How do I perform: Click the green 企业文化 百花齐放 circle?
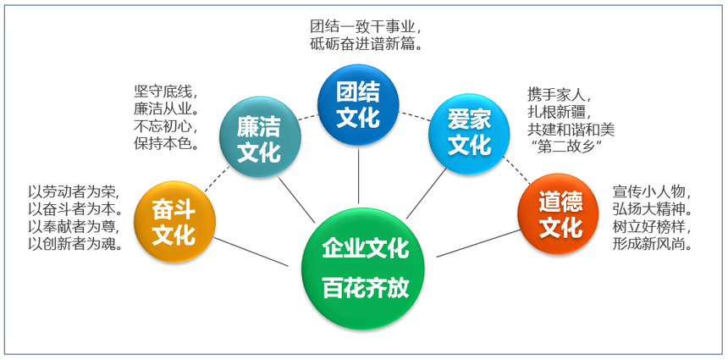pos(363,268)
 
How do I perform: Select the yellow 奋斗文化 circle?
pos(174,222)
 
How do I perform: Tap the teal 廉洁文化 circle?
pos(260,137)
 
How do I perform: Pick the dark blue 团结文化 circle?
pos(358,104)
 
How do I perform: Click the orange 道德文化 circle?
pos(558,214)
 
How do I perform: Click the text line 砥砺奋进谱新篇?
pos(366,44)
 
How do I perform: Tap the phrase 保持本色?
pos(166,143)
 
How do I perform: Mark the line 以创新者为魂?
pos(76,244)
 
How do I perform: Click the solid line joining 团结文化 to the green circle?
pos(358,175)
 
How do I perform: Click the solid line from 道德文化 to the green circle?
pos(478,243)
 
